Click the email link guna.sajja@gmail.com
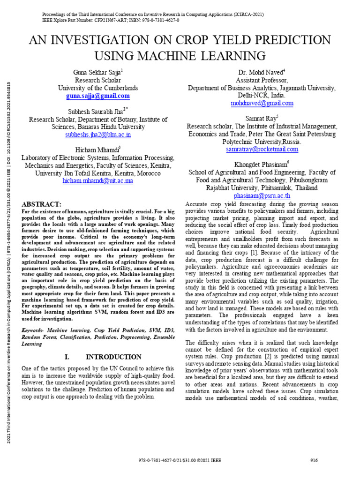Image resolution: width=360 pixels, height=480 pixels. tap(98, 96)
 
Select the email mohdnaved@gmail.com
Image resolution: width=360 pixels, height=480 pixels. tap(262, 103)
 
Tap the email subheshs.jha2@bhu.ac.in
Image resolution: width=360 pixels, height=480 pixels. tap(98, 135)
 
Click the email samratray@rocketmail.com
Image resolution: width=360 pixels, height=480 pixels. tap(262, 150)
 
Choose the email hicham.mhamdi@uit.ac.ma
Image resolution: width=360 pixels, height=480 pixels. tap(98, 180)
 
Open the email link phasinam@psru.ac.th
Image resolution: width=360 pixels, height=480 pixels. tap(262, 195)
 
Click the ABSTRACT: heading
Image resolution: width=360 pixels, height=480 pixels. tap(42, 204)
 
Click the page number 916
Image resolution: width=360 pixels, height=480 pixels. tap(314, 460)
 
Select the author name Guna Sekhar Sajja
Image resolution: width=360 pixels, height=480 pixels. tap(97, 72)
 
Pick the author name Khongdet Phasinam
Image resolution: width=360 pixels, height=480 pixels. tap(261, 164)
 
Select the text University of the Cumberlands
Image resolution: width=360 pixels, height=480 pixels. tap(98, 88)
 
